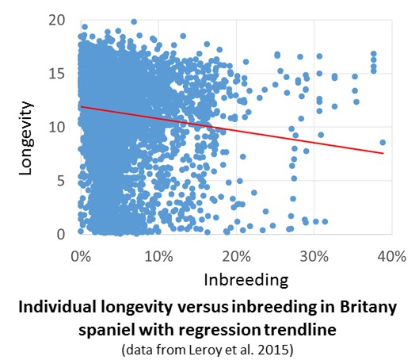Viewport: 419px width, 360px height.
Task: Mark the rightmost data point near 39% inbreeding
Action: tap(383, 143)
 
